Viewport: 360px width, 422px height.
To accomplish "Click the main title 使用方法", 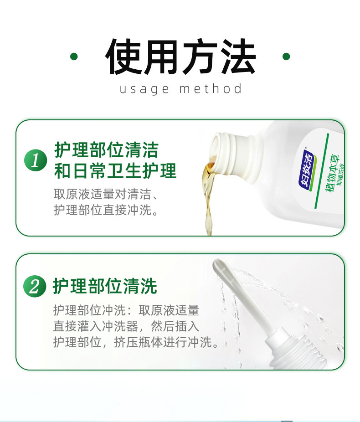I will (180, 57).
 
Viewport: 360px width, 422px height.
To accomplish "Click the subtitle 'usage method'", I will (180, 88).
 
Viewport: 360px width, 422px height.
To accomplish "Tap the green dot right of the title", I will (286, 57).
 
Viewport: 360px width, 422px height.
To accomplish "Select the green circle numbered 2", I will (35, 286).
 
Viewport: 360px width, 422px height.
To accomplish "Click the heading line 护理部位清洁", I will (106, 149).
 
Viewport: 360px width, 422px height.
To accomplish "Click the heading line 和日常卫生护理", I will (115, 171).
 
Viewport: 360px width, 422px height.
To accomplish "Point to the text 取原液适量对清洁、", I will (106, 194).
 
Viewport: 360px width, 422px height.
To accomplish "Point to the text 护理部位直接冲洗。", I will (106, 211).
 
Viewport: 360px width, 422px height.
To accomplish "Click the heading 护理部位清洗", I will (105, 286).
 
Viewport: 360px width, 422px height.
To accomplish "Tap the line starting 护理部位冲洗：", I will (126, 311).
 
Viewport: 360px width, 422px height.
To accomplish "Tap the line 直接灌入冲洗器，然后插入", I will (126, 327).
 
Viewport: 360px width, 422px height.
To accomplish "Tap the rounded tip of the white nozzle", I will (219, 264).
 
